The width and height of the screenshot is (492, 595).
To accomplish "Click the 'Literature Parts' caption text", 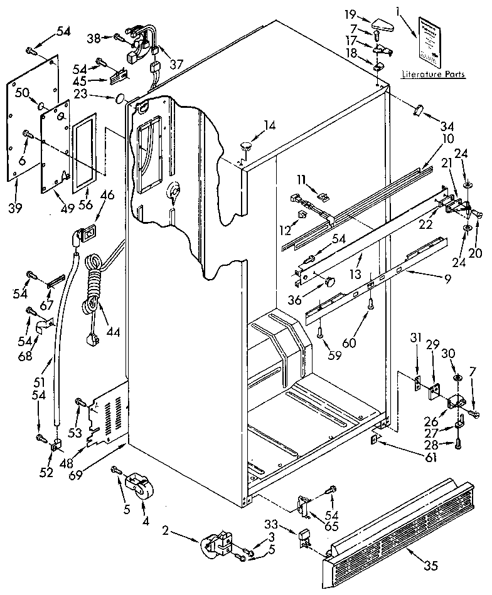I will pyautogui.click(x=434, y=75).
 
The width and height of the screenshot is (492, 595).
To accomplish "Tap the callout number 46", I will pyautogui.click(x=107, y=195).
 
